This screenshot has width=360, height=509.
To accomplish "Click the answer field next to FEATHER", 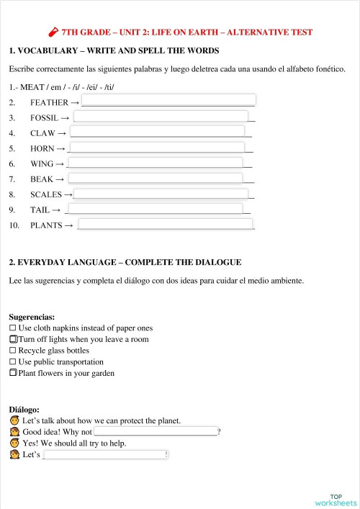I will (x=168, y=100).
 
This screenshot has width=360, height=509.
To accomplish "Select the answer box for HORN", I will (x=157, y=148).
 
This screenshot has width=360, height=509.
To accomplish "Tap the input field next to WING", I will (x=156, y=163).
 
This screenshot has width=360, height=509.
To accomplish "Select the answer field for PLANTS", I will (x=166, y=225).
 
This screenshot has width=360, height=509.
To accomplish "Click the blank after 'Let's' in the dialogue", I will (x=105, y=454).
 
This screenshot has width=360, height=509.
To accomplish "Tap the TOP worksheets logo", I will (x=336, y=500).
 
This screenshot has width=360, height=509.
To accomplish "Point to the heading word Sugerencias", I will (x=32, y=316).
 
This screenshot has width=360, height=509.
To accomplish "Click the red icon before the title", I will (x=53, y=32).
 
